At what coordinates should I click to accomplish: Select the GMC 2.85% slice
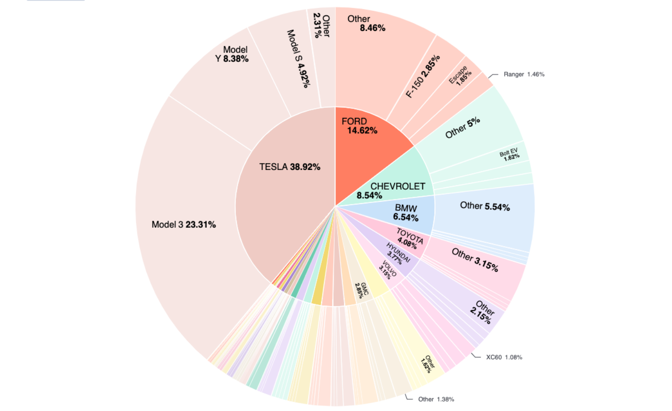pyautogui.click(x=362, y=290)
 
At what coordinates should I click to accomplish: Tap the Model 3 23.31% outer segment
pyautogui.click(x=183, y=225)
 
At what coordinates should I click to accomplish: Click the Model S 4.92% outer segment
pyautogui.click(x=299, y=58)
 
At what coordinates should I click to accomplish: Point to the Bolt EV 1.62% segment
pyautogui.click(x=510, y=155)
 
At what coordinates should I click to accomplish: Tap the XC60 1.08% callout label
pyautogui.click(x=504, y=357)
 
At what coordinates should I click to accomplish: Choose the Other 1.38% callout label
pyautogui.click(x=436, y=399)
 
